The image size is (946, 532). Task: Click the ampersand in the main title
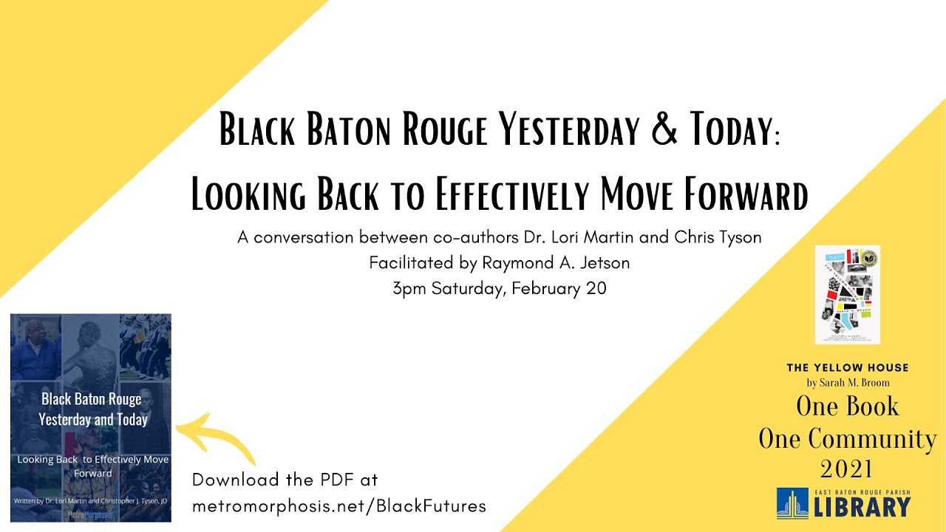point(667,130)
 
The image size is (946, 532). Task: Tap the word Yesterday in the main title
point(568,130)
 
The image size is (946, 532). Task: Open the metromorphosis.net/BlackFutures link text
point(339,505)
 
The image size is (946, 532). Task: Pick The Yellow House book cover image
point(847,295)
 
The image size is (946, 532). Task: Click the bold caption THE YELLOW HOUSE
point(847,367)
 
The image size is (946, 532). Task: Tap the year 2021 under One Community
point(847,468)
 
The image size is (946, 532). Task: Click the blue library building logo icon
point(792,503)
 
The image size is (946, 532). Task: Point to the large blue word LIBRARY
point(863,508)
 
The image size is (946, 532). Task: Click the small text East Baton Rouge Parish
point(863,491)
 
